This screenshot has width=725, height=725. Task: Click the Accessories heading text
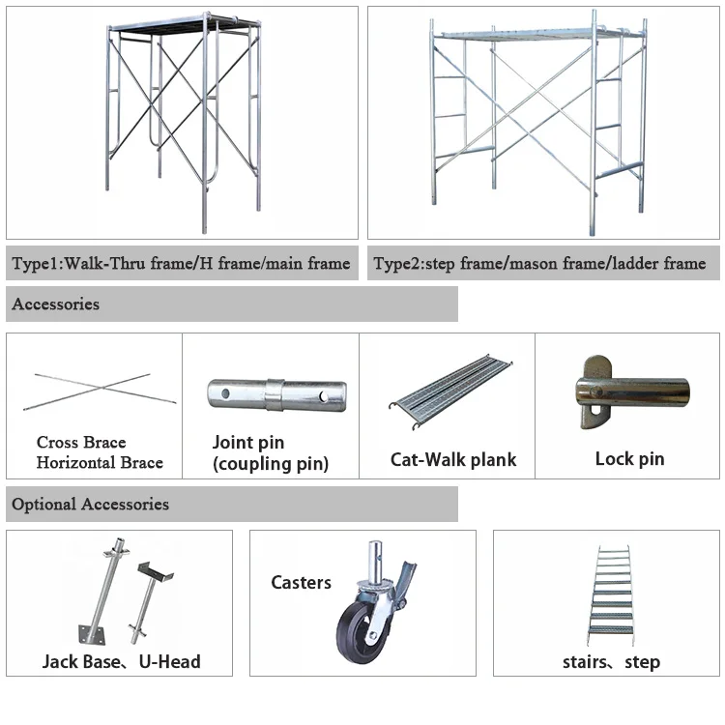(x=56, y=304)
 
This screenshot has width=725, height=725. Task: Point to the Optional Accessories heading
(x=91, y=505)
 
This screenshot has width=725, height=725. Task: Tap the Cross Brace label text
(x=81, y=443)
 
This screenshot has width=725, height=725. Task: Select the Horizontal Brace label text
(x=100, y=462)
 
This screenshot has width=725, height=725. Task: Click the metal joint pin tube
(x=276, y=394)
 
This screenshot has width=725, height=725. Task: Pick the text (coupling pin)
(x=271, y=464)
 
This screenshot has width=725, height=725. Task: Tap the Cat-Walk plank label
(x=453, y=460)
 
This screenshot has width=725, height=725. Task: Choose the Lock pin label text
(x=629, y=458)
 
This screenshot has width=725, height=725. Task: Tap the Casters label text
(x=301, y=583)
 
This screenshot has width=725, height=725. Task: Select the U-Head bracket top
(x=156, y=571)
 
